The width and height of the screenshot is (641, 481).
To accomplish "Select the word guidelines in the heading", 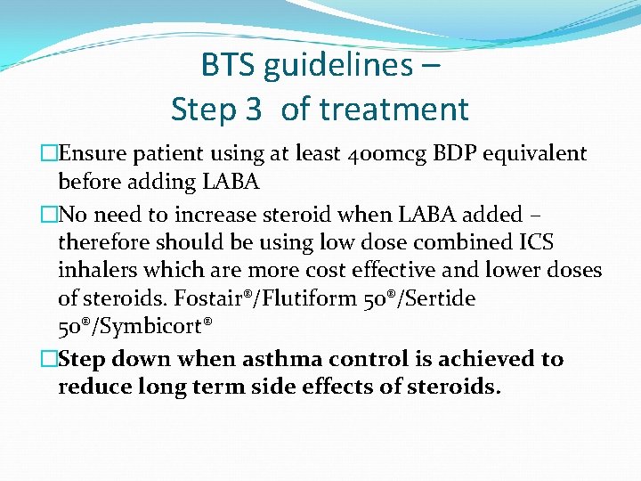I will coord(336,65).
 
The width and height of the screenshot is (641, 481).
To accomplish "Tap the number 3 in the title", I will coord(252,110).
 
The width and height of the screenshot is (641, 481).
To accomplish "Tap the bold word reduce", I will coord(93,387).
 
